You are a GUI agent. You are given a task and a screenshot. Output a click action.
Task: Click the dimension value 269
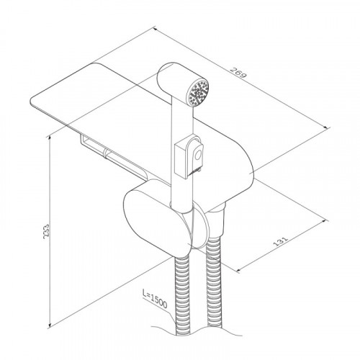238,73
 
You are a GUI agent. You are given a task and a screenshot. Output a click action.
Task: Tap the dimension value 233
46,231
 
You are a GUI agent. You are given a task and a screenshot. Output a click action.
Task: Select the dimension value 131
280,242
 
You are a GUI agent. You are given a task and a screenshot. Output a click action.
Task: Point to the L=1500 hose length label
155,299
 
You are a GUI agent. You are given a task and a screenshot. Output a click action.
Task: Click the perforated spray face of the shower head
199,92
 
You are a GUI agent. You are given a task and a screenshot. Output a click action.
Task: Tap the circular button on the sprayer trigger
198,155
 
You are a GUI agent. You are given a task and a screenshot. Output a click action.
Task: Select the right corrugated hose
215,282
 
